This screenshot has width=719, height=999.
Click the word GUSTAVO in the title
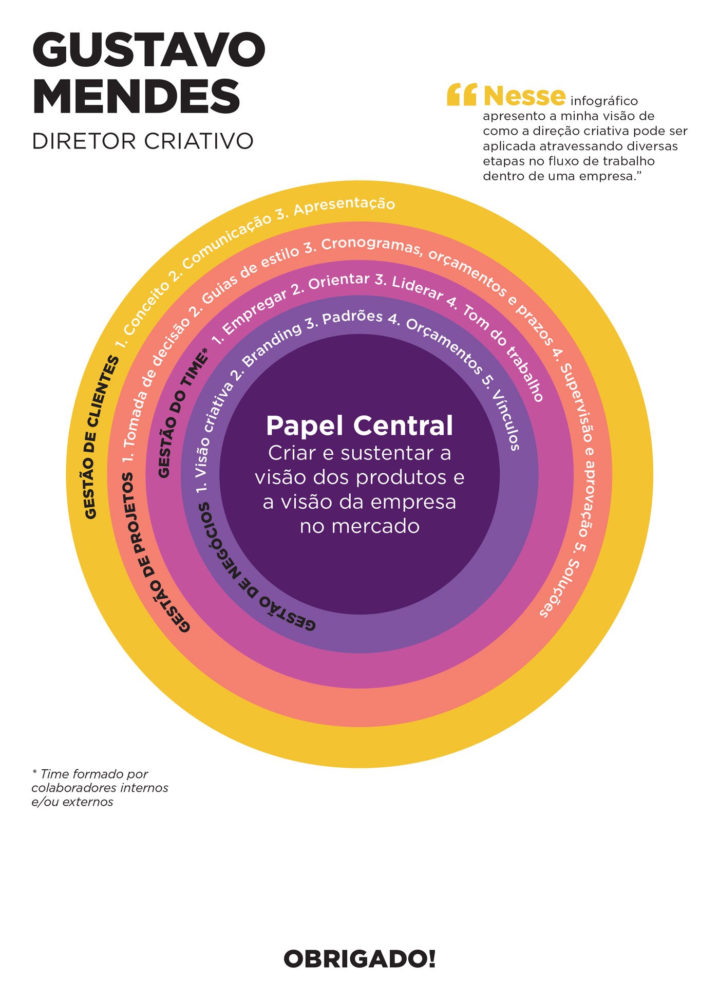tap(148, 50)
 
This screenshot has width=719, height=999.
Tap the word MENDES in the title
tap(136, 97)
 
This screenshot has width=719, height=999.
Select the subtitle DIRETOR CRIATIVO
tap(143, 141)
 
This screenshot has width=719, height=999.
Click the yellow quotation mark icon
tap(462, 95)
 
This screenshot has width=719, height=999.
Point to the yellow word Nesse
tap(524, 96)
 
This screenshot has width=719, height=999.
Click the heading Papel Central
tap(359, 425)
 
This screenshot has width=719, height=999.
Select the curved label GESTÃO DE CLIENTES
tap(100, 437)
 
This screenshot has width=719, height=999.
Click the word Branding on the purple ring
tap(272, 345)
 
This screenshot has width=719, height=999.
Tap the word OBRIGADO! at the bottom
tap(359, 959)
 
